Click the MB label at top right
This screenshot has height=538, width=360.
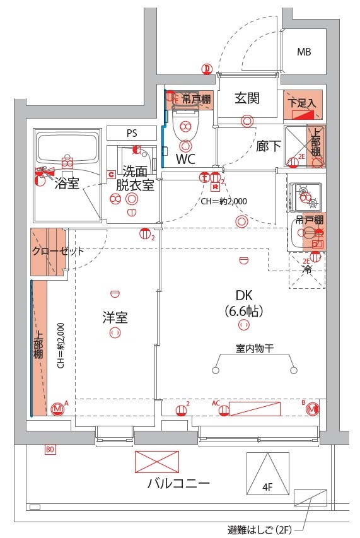[304, 52]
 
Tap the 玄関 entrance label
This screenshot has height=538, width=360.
[247, 98]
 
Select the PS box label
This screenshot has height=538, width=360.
[131, 133]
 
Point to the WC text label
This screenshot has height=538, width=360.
[185, 159]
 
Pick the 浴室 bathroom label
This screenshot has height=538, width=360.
[66, 184]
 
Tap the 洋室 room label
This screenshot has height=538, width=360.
[115, 317]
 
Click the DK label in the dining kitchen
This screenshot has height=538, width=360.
[243, 296]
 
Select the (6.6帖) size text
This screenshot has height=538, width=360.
[243, 311]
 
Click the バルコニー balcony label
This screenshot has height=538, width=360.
[178, 484]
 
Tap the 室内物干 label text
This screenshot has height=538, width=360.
[255, 348]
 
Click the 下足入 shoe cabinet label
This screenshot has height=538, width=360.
[302, 102]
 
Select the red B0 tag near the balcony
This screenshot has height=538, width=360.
[50, 450]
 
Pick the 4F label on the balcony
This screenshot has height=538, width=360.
[267, 487]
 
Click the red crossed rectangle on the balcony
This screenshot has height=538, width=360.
[157, 462]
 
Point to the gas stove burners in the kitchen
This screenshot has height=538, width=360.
[306, 194]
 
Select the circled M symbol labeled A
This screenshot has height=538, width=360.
[58, 409]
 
